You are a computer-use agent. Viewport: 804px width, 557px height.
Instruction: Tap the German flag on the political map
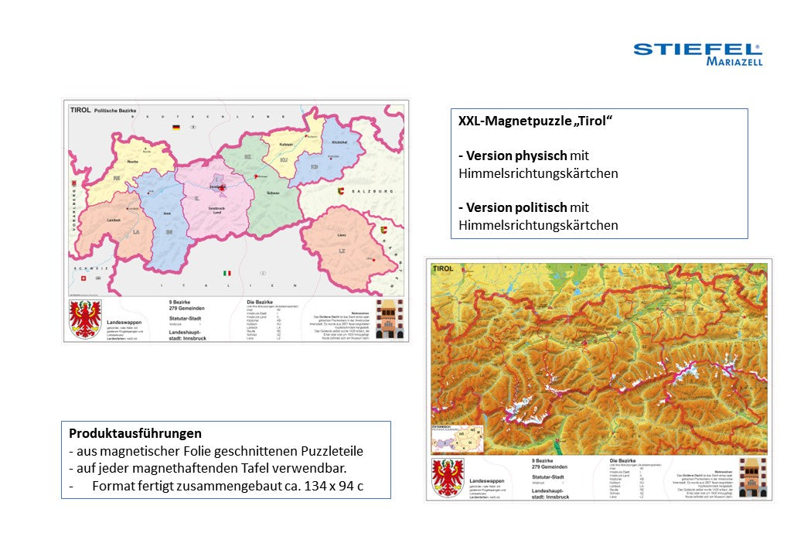(177, 126)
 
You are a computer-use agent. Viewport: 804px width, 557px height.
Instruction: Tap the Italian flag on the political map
(227, 273)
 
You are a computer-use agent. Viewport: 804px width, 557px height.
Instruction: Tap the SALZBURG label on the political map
(373, 191)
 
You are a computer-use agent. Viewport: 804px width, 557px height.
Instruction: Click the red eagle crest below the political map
(85, 320)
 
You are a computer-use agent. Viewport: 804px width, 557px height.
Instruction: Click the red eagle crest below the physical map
(448, 477)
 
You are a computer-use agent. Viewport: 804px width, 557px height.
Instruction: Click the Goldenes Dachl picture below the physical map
(753, 477)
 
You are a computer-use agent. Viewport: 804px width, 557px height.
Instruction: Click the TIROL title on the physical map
(443, 269)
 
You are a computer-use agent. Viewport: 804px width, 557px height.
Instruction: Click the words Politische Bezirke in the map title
(115, 111)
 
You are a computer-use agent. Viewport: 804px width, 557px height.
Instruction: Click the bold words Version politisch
(512, 207)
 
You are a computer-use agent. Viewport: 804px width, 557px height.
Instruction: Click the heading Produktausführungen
(135, 433)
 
